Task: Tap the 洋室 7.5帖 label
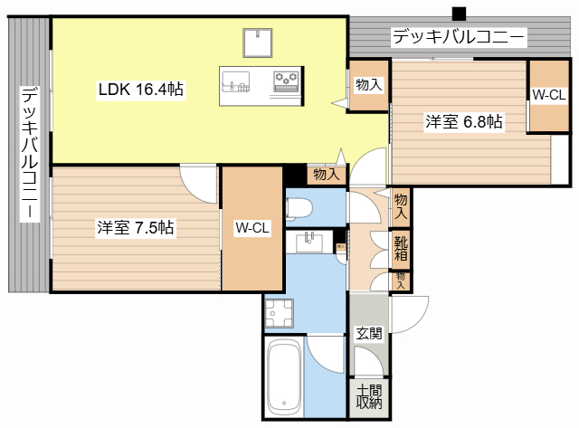pos(136,228)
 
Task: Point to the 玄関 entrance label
pos(367,333)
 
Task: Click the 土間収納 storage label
pos(368,396)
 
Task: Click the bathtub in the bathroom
pos(285,375)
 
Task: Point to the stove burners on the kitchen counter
pos(287,81)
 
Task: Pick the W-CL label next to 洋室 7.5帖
pos(252,228)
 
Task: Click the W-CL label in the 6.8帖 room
pos(548,95)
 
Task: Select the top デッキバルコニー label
pos(458,38)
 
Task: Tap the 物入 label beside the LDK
pos(367,85)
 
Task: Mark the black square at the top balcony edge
pos(459,14)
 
